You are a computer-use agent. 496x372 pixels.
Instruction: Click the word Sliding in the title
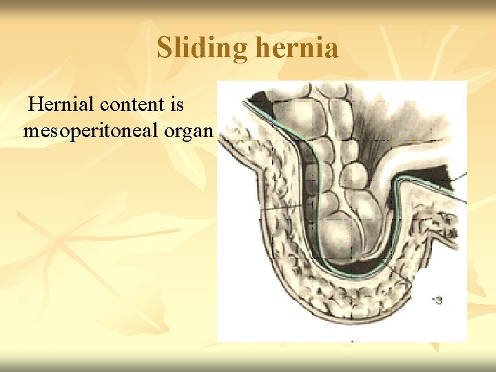click(x=202, y=49)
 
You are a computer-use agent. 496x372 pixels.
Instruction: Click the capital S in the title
click(x=164, y=49)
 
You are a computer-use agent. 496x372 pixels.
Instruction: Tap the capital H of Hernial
click(x=37, y=105)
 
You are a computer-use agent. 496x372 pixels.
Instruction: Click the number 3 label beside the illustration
click(x=439, y=300)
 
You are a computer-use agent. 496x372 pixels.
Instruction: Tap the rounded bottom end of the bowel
click(x=341, y=241)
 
